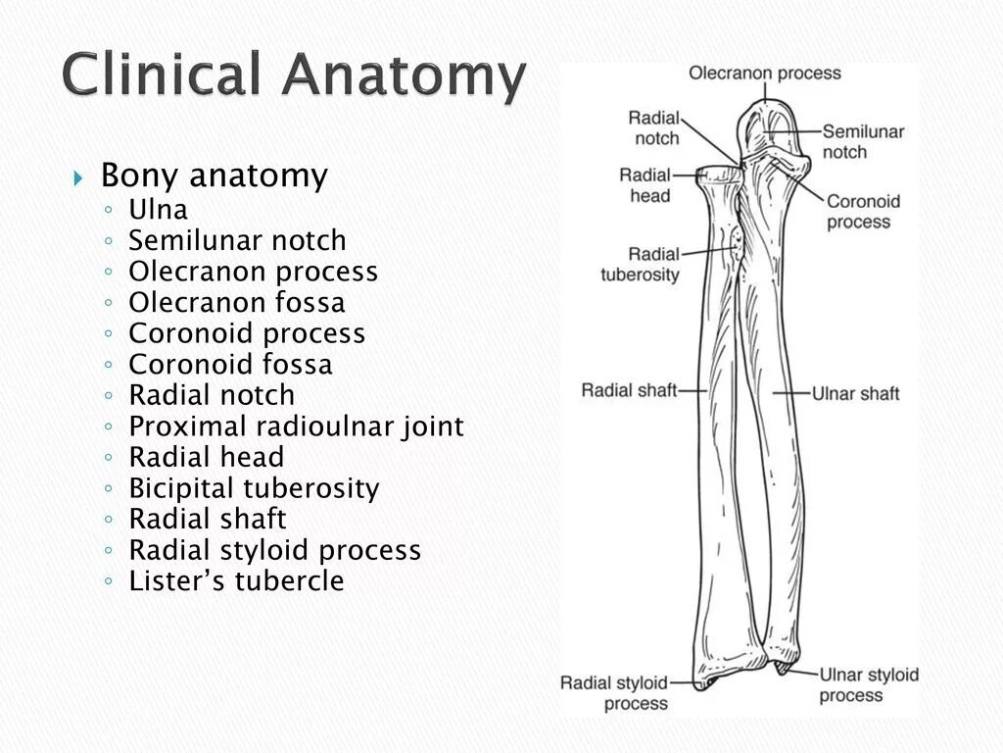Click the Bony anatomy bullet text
pyautogui.click(x=214, y=176)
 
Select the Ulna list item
pyautogui.click(x=158, y=210)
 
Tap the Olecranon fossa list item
pyautogui.click(x=237, y=302)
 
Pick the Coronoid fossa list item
pyautogui.click(x=230, y=365)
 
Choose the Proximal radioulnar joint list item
pyautogui.click(x=296, y=427)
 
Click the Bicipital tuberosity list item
pyautogui.click(x=254, y=488)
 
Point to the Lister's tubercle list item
pyautogui.click(x=236, y=581)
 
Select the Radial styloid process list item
pyautogui.click(x=274, y=550)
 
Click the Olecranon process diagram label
pyautogui.click(x=764, y=74)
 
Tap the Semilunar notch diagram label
pyautogui.click(x=863, y=141)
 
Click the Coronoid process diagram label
pyautogui.click(x=863, y=212)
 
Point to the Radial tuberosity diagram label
pyautogui.click(x=640, y=265)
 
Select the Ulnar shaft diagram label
pyautogui.click(x=855, y=394)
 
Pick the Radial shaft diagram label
pyautogui.click(x=629, y=390)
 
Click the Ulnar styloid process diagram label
pyautogui.click(x=868, y=684)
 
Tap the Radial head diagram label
pyautogui.click(x=645, y=185)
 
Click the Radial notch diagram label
pyautogui.click(x=654, y=128)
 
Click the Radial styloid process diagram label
pyautogui.click(x=613, y=692)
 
